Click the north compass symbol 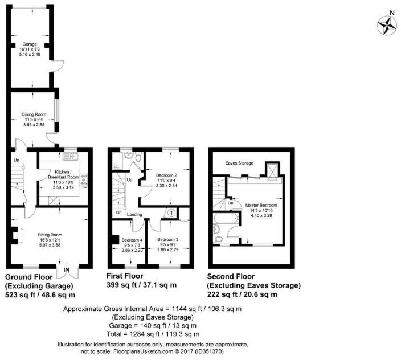click(x=387, y=23)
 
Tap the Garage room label click(x=29, y=43)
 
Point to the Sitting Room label click(x=49, y=234)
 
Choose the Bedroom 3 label click(x=168, y=239)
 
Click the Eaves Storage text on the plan click(x=239, y=163)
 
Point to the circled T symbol click(x=171, y=212)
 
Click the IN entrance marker click(x=67, y=270)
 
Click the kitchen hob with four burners click(x=83, y=180)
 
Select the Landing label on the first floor click(x=135, y=214)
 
